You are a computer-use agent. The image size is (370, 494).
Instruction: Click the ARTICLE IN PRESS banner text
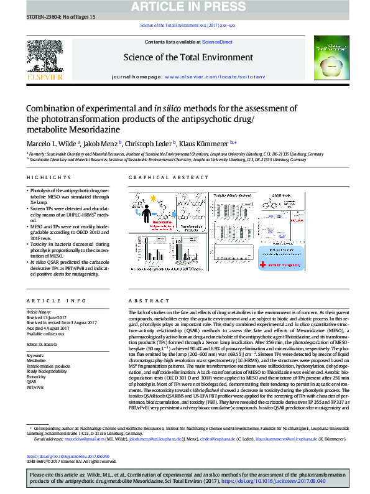[185, 7]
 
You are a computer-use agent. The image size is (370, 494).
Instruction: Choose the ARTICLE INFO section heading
[48, 301]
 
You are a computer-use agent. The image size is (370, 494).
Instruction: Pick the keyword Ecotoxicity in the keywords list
[35, 376]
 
